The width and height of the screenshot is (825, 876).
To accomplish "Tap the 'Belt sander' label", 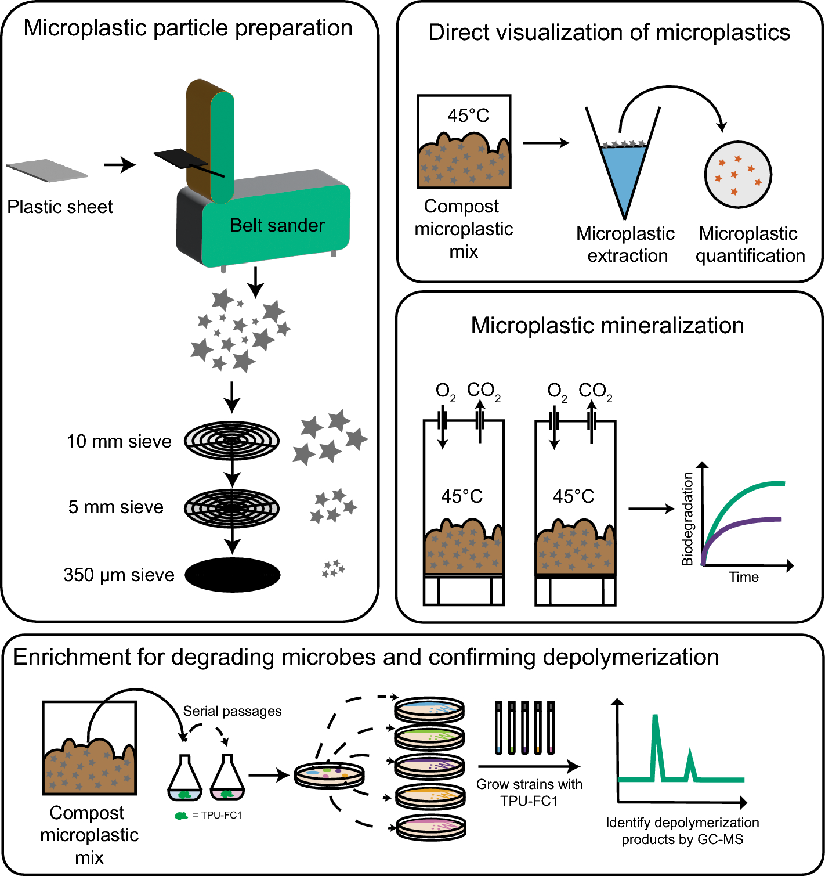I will click(x=277, y=225).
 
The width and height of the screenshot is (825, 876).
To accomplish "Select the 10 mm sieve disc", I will click(x=232, y=441).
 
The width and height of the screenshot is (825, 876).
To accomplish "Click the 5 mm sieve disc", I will click(x=232, y=508).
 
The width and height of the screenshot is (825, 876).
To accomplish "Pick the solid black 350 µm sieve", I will click(x=232, y=575).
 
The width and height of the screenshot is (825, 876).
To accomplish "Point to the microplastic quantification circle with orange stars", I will click(x=738, y=174).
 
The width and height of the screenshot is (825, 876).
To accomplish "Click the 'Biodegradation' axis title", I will click(x=687, y=518).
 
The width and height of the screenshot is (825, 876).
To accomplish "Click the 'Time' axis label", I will click(x=744, y=577).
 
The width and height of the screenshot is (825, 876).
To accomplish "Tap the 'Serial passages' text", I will click(x=232, y=711).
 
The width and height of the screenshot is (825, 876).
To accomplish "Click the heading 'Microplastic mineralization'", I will click(x=607, y=325).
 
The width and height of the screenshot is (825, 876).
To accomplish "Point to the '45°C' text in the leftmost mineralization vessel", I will click(x=462, y=496).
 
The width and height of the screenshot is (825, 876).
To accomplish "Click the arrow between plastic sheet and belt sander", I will click(x=120, y=165).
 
